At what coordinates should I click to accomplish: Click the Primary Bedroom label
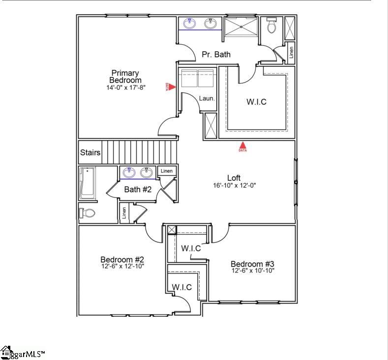tap(125, 77)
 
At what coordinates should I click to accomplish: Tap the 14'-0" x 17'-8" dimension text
tap(125, 88)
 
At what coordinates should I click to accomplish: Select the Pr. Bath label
tap(216, 55)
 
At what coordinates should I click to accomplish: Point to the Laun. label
tap(207, 98)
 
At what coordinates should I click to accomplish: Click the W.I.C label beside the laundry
tap(256, 102)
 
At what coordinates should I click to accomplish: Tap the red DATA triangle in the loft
tap(242, 146)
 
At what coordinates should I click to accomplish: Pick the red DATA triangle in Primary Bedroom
tap(172, 86)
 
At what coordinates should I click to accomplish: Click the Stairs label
tap(90, 153)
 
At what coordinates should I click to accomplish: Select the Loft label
tap(234, 178)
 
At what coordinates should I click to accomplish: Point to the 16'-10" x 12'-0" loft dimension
tap(235, 186)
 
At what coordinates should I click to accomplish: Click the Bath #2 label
tap(137, 190)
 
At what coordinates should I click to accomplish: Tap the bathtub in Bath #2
tap(87, 183)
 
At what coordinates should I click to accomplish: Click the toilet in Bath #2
tap(87, 213)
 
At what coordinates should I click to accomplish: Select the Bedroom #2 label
tap(122, 259)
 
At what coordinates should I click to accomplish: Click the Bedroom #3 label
tap(252, 264)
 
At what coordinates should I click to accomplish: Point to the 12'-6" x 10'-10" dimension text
tap(253, 271)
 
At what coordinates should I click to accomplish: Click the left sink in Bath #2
tap(129, 172)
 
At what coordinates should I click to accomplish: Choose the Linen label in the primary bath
tap(292, 52)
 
